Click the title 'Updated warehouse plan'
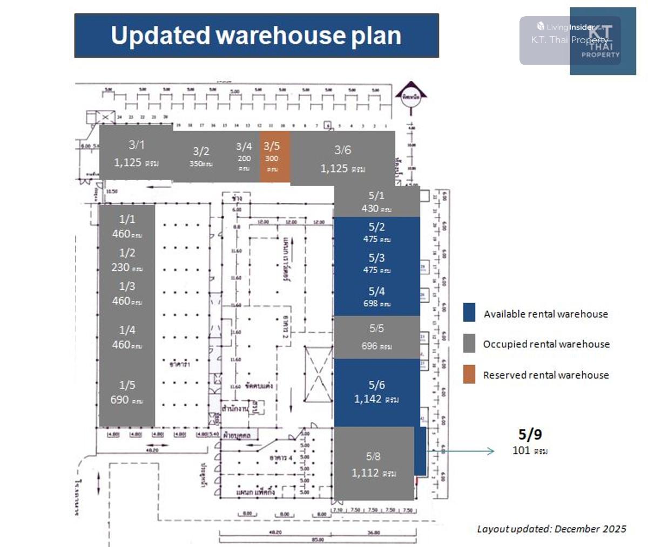(256, 36)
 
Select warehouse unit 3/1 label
(137, 145)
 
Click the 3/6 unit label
(342, 150)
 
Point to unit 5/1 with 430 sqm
(376, 202)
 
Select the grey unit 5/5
(376, 337)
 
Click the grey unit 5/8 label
(373, 457)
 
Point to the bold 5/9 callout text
(530, 434)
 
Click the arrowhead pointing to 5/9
(491, 451)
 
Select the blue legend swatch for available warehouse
(469, 313)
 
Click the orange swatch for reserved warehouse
(469, 374)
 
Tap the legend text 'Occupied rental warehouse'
(546, 344)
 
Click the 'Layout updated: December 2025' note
(551, 529)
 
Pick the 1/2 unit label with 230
(127, 259)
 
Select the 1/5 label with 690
(127, 392)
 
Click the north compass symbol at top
(411, 97)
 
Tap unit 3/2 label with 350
(201, 156)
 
